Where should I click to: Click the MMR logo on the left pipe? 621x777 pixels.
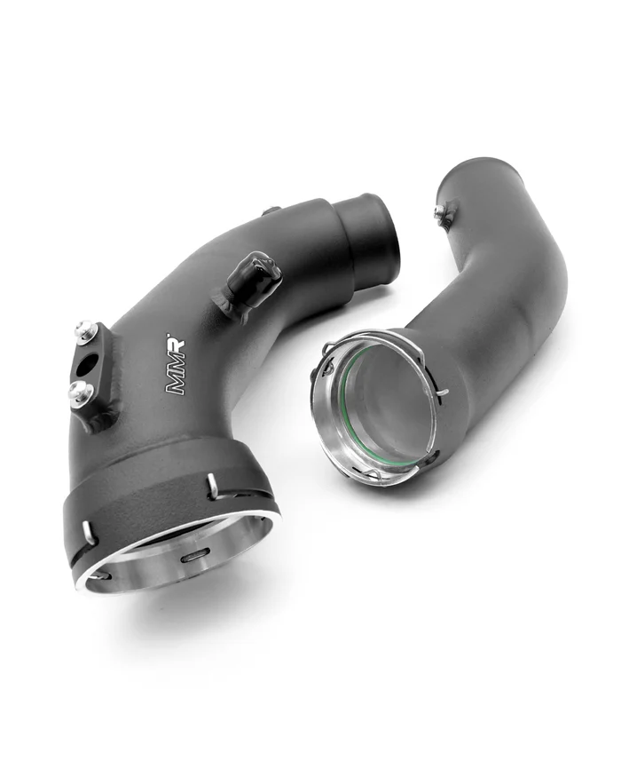[x=175, y=364]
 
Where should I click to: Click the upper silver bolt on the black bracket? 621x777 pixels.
[x=86, y=329]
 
